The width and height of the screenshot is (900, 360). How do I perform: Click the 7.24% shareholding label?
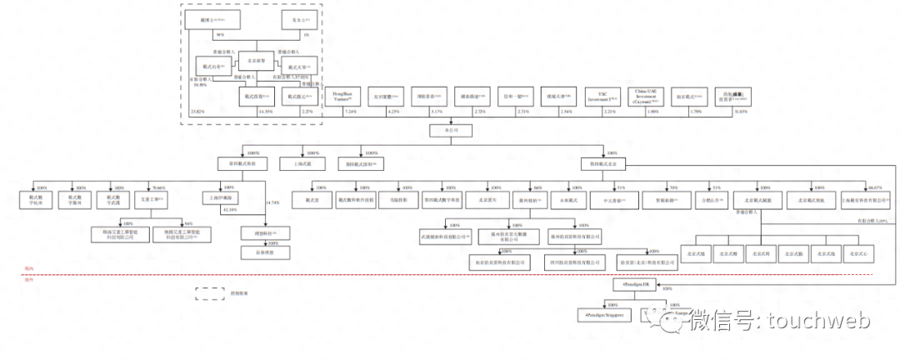(350, 112)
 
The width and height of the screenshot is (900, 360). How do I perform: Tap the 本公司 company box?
(442, 131)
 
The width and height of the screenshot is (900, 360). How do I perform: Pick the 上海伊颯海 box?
(222, 198)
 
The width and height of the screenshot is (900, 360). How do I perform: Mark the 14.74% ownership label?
(272, 202)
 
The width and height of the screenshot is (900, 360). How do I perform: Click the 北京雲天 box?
(476, 200)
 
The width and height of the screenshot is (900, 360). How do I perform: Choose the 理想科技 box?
(266, 233)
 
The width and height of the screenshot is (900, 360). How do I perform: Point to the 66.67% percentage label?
(873, 187)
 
